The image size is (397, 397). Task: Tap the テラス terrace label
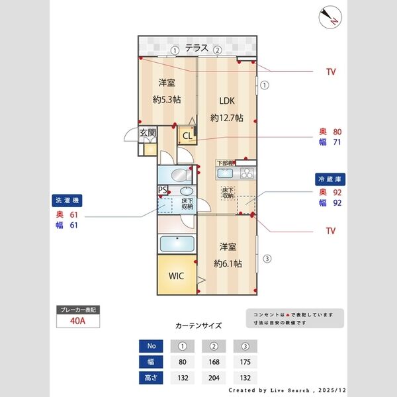coord(197,48)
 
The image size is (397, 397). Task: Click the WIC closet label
coord(177,275)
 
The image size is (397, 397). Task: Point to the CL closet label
coord(187,136)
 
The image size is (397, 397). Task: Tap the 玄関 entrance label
coord(148,133)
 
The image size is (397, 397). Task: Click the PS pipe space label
coord(162,190)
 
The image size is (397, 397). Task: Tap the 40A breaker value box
coord(79,322)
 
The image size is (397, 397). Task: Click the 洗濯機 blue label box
coord(67,200)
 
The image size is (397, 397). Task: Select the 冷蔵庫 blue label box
coord(330,179)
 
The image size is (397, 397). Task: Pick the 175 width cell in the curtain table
coord(245,362)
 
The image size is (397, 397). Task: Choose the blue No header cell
coord(150,346)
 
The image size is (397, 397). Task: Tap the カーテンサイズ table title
coord(198,326)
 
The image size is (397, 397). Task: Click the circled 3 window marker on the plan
coord(267,259)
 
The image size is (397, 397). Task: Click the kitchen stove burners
coord(246,173)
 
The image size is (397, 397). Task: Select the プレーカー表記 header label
coord(79,310)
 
